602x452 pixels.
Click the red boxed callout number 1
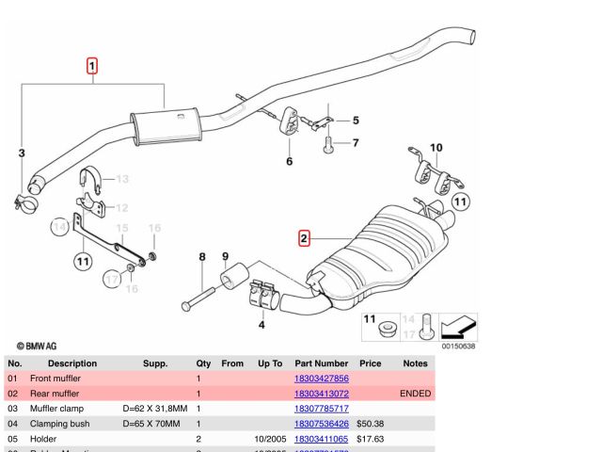click(92, 66)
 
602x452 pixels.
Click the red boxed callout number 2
click(304, 238)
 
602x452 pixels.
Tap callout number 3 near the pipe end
click(22, 153)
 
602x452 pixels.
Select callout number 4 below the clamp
click(261, 326)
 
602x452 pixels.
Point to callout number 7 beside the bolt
click(356, 143)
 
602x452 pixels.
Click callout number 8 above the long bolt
click(201, 257)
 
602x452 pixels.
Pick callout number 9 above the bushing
click(226, 257)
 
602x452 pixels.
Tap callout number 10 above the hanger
click(436, 148)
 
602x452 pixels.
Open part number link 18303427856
click(322, 378)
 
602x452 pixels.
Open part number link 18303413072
click(322, 394)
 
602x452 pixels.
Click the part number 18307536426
click(322, 424)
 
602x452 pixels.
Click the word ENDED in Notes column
click(415, 394)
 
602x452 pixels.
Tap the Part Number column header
click(321, 363)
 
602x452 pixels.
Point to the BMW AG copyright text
click(36, 346)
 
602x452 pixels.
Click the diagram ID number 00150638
click(459, 345)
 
